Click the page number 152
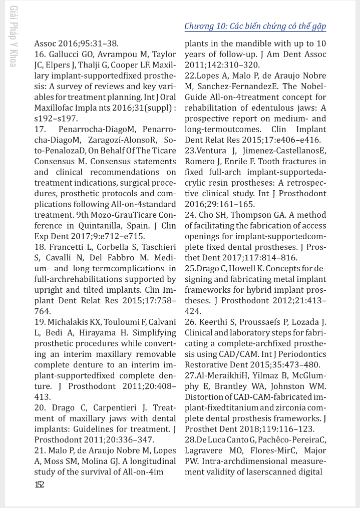click(39, 484)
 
